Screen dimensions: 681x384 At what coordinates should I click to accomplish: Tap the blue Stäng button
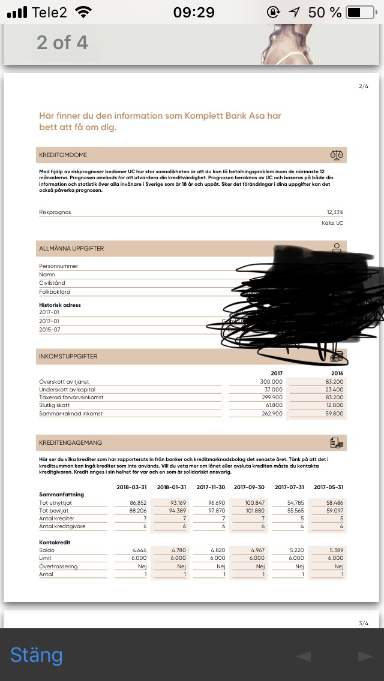(36, 655)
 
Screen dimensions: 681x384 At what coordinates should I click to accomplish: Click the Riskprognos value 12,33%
(335, 212)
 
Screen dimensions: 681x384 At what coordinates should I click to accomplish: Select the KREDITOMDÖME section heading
(63, 155)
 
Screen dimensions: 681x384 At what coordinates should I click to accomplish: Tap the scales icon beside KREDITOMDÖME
(337, 155)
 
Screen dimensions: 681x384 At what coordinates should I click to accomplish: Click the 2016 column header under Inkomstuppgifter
(337, 373)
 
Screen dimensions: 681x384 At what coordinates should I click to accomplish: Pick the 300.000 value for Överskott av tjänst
(271, 381)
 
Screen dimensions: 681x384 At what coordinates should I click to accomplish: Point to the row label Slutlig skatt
(55, 405)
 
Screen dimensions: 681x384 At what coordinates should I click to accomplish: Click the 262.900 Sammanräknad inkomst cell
(271, 413)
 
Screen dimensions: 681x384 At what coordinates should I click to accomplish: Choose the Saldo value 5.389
(334, 550)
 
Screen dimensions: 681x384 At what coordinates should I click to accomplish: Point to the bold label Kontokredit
(55, 542)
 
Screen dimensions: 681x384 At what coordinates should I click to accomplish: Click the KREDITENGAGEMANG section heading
(70, 442)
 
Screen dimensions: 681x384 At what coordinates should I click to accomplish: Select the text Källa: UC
(332, 223)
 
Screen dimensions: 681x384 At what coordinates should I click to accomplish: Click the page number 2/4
(364, 86)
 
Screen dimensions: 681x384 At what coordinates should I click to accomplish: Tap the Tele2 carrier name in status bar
(50, 12)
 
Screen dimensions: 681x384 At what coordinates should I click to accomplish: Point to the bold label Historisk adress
(60, 305)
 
